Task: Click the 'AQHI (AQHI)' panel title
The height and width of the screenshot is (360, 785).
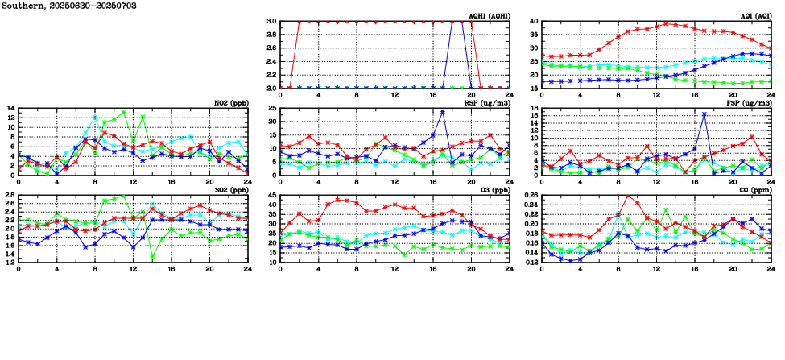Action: pos(489,16)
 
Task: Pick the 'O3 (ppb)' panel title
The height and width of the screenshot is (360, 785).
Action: pos(492,190)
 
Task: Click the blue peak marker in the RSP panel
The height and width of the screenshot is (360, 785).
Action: pos(443,112)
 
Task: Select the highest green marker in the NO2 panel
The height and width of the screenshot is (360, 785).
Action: pos(124,112)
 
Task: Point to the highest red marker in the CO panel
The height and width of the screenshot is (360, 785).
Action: pos(628,196)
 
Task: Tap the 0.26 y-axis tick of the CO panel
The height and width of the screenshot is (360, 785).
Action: pos(530,195)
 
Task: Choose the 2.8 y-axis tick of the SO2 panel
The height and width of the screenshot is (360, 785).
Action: pos(10,195)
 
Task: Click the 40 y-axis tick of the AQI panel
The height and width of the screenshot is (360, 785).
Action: pos(534,22)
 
